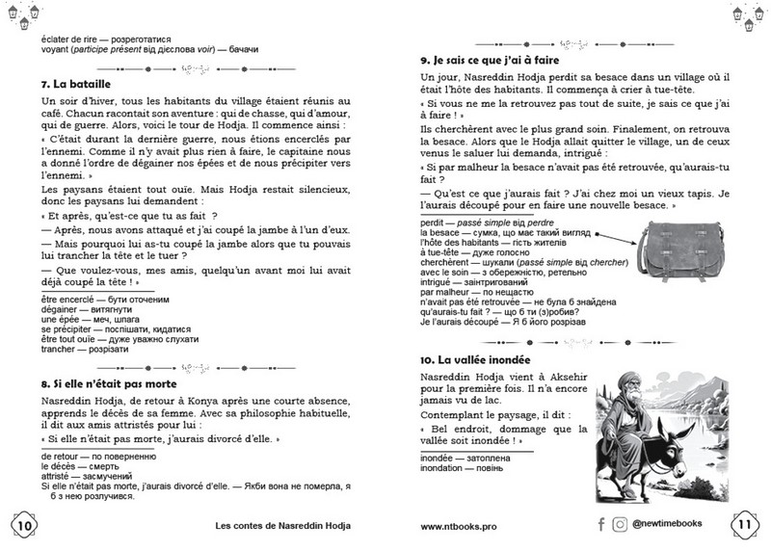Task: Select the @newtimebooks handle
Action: tap(675, 525)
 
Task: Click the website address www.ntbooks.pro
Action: tap(460, 527)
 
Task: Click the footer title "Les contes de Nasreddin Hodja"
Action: tap(283, 527)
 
